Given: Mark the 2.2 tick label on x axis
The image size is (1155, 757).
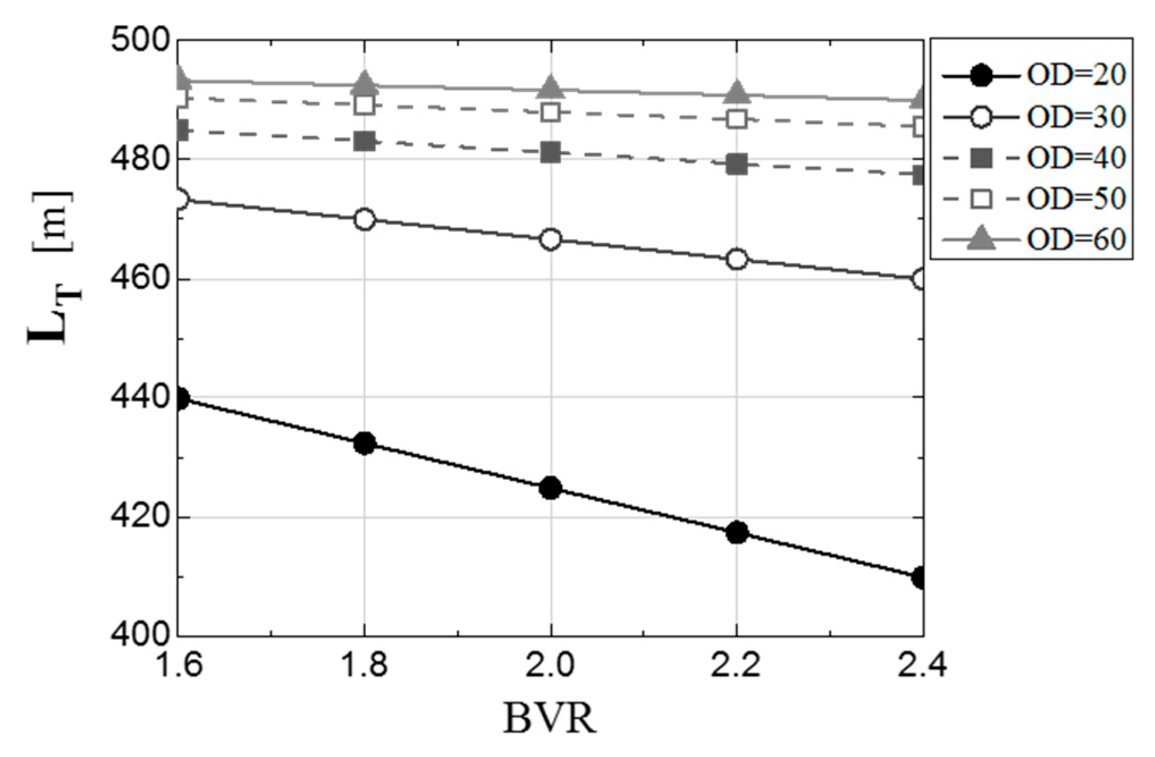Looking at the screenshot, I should tap(736, 665).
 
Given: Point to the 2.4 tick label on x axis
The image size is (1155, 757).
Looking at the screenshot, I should tap(921, 665).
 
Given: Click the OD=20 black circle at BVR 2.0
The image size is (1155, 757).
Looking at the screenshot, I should tap(550, 488).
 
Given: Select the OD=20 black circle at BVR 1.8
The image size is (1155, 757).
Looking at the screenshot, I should tap(364, 443).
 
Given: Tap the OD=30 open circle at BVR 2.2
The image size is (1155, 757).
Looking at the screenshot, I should tap(736, 259).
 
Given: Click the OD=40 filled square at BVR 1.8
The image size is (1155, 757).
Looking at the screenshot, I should tap(364, 141).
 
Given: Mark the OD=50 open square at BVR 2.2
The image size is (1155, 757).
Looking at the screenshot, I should tap(736, 119).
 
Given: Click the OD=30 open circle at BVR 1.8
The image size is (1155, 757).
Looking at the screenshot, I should tap(364, 219).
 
